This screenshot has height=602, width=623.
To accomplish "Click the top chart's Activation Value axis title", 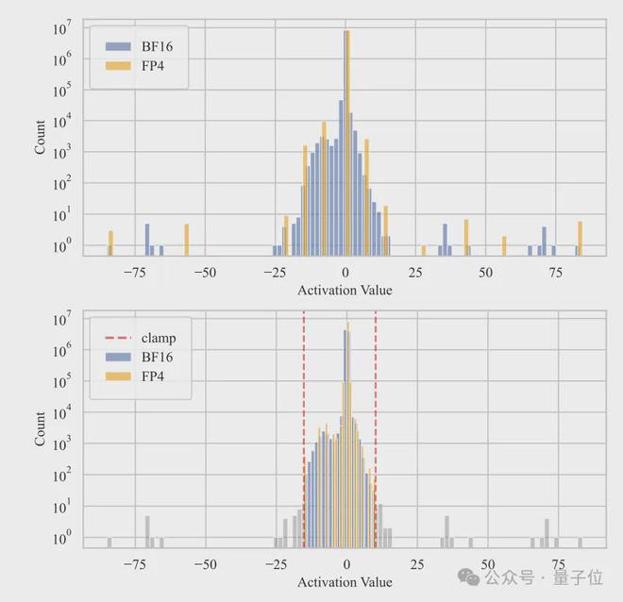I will tap(345, 290).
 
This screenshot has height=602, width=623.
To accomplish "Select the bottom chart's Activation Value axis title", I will tap(345, 582).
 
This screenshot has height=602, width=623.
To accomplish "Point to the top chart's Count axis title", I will tap(40, 138).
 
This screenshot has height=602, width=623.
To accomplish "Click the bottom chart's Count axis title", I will tap(40, 429).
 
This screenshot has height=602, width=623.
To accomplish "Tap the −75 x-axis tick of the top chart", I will tap(135, 272).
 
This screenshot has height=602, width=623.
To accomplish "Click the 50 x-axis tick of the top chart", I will tap(486, 272).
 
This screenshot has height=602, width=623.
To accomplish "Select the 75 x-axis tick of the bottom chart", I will tap(556, 563).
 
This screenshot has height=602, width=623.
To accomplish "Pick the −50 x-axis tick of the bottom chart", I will tap(205, 563).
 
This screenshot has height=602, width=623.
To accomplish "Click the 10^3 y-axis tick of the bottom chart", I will tap(60, 444).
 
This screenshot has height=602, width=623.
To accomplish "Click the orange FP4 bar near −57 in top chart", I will tap(187, 240).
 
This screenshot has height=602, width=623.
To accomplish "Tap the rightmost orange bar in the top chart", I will tap(580, 238).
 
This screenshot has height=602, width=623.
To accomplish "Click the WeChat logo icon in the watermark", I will tap(464, 574).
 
